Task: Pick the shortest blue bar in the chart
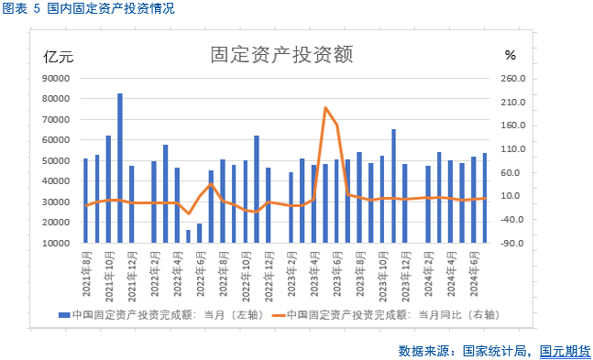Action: (x=188, y=236)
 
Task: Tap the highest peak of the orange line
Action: (x=325, y=108)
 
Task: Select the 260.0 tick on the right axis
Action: (x=515, y=79)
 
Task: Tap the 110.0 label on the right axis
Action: (x=515, y=149)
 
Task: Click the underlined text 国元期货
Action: (x=565, y=350)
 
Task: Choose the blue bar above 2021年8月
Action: (x=85, y=201)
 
